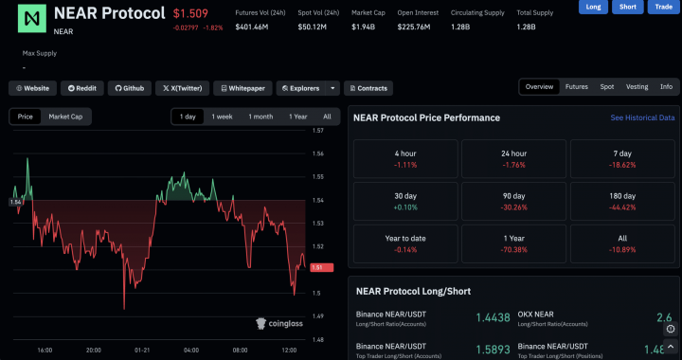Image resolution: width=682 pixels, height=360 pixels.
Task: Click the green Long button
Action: click(x=593, y=7)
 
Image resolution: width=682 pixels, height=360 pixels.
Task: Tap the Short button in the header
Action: click(x=627, y=7)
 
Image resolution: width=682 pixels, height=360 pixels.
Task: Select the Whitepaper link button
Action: click(x=241, y=88)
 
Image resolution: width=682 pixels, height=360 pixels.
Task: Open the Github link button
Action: click(x=130, y=88)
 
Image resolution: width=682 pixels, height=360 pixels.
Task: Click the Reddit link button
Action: click(x=81, y=88)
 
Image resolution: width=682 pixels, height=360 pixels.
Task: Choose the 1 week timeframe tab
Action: click(x=222, y=117)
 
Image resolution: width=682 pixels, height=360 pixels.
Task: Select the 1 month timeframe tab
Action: click(x=260, y=117)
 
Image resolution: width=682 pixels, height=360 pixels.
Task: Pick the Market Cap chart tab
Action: click(x=65, y=117)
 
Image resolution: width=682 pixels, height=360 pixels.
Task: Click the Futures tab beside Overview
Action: click(x=576, y=87)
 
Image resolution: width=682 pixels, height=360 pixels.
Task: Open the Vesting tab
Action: click(x=637, y=87)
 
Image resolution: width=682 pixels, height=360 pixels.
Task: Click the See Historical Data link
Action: click(x=642, y=118)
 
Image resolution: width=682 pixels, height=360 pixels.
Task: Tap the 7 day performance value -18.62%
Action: click(x=621, y=165)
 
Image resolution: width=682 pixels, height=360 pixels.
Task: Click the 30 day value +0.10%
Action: click(x=404, y=207)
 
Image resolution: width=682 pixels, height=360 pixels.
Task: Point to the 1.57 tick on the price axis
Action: click(x=318, y=131)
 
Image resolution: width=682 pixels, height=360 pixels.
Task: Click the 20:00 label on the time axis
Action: click(x=94, y=350)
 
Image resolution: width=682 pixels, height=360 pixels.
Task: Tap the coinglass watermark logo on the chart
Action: click(x=279, y=324)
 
